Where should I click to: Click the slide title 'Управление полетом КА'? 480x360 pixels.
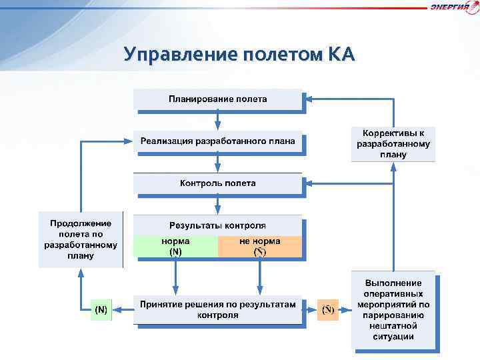239,54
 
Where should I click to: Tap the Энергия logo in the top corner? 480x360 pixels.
454,7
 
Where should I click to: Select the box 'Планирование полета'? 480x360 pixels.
217,99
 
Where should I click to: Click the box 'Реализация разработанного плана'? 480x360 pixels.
217,141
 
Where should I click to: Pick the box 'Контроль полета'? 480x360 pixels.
217,183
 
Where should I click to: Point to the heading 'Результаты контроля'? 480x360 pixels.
217,225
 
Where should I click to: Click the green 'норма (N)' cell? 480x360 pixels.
175,246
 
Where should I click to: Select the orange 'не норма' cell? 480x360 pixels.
259,246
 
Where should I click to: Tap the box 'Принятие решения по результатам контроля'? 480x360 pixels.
217,309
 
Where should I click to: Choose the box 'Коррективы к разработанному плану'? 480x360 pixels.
393,143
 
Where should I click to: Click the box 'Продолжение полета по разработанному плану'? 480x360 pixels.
81,239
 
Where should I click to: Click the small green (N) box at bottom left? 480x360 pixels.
101,310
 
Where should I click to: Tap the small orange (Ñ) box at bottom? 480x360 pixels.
328,310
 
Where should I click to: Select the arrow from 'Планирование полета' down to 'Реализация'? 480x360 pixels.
217,121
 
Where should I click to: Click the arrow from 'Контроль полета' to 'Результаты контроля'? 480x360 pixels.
217,205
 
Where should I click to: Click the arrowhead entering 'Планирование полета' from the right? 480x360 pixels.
309,99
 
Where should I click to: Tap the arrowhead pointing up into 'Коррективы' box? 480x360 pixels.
393,167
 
